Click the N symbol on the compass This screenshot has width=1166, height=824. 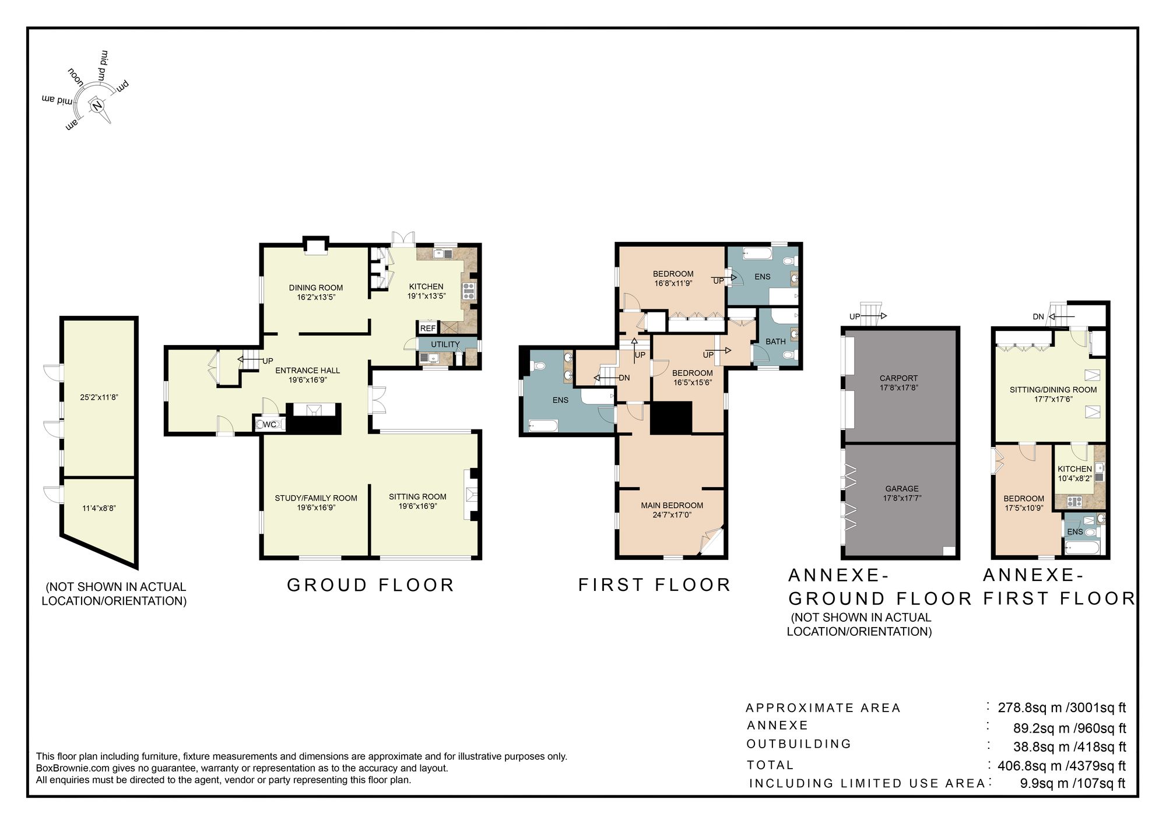[97, 105]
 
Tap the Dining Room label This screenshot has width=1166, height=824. [316, 287]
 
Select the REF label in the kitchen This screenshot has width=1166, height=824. [428, 328]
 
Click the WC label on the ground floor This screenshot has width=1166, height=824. [269, 424]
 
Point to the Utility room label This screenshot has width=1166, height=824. [445, 344]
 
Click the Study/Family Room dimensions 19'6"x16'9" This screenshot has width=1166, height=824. [316, 508]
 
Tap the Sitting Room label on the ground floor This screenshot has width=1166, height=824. [417, 496]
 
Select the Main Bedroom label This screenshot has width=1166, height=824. [672, 505]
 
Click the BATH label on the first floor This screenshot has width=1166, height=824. [775, 341]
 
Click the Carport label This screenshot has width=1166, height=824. [898, 378]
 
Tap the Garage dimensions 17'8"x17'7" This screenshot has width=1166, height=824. [902, 498]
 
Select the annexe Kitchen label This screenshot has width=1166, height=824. [1074, 469]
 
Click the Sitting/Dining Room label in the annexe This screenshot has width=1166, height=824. [1053, 390]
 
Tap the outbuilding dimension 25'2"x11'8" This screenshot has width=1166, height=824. [99, 397]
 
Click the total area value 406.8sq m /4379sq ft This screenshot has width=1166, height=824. [1062, 766]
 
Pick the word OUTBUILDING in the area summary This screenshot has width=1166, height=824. [799, 744]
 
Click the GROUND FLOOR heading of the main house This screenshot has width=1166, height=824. [370, 585]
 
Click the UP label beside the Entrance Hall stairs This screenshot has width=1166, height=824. [268, 361]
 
